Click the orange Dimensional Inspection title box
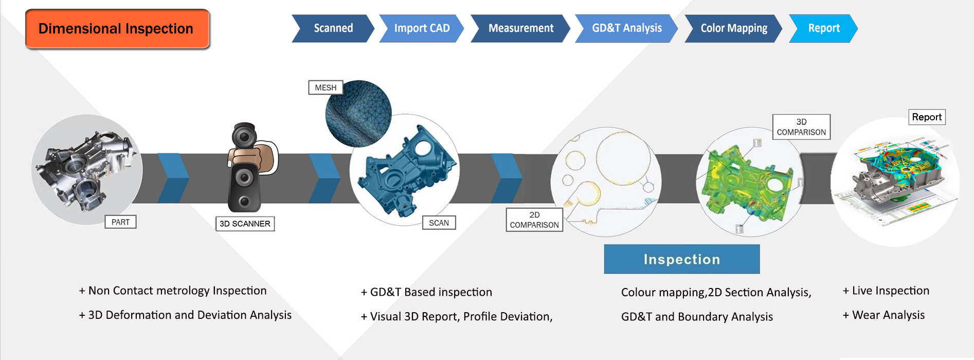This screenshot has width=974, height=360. [117, 29]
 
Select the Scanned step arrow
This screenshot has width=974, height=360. [333, 28]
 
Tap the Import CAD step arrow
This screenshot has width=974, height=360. [421, 28]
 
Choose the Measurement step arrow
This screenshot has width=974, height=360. [520, 28]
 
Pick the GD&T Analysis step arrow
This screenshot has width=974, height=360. [626, 28]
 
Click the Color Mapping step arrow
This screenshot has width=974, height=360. [733, 28]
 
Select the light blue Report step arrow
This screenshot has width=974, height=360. [823, 28]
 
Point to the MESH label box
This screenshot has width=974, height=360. [326, 87]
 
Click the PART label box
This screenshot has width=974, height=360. [120, 222]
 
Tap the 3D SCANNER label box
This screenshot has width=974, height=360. [245, 224]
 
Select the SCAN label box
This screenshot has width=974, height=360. [439, 223]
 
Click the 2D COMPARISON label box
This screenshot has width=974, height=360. [534, 220]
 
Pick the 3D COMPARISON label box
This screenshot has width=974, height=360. [801, 127]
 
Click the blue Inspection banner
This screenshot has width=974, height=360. [681, 259]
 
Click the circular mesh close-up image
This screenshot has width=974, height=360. [358, 114]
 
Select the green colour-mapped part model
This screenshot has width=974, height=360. [748, 183]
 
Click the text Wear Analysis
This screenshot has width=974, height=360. [888, 315]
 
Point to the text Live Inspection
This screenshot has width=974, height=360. [890, 291]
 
